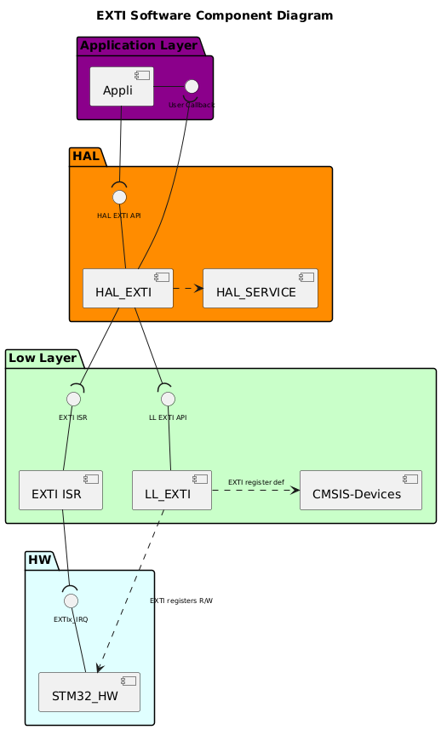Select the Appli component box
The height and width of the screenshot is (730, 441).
click(122, 87)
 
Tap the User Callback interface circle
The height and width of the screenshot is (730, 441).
click(192, 86)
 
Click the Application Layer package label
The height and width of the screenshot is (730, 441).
click(138, 44)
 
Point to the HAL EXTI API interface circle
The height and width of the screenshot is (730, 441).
click(119, 197)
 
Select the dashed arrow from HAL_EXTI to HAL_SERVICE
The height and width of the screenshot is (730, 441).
click(188, 289)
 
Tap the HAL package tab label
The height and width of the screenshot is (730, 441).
click(85, 157)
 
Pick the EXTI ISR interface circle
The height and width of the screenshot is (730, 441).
click(73, 398)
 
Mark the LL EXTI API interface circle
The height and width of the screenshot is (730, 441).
click(168, 398)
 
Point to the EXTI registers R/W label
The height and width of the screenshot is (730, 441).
click(180, 601)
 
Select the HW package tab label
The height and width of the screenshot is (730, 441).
click(40, 560)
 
